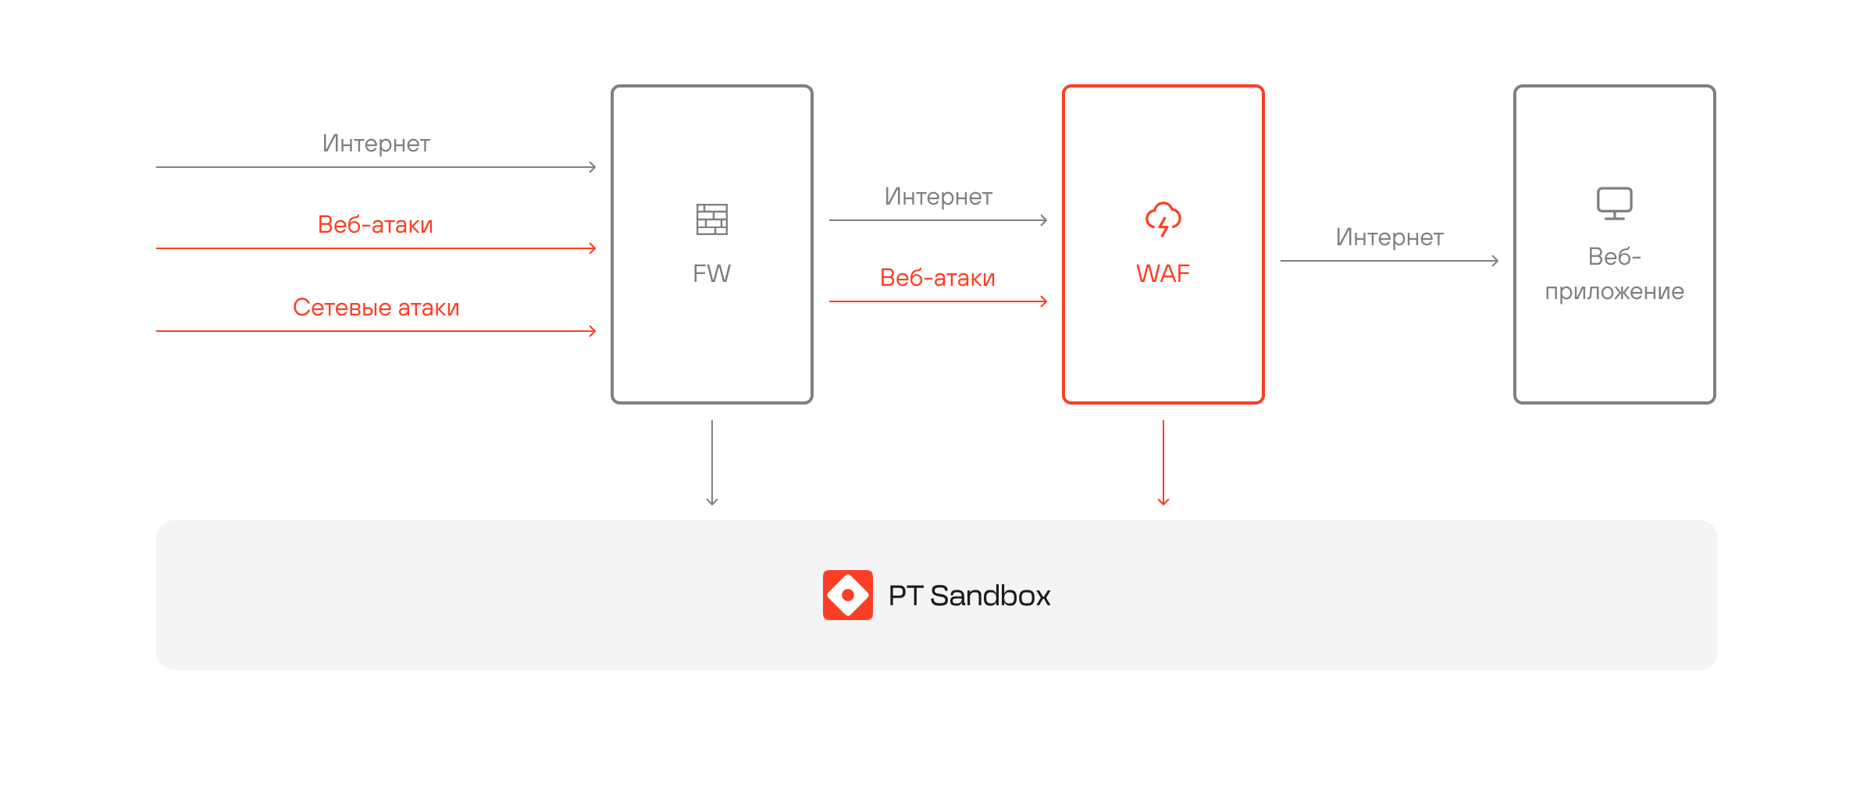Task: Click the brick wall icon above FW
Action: tap(712, 219)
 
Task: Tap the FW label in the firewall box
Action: tap(712, 273)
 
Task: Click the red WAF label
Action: tap(1163, 273)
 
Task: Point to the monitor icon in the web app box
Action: tap(1615, 204)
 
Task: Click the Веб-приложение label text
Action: tap(1615, 274)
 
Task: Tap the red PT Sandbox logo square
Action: tap(848, 595)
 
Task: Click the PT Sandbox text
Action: tap(970, 596)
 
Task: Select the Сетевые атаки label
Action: tap(376, 308)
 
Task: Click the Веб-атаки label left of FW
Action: tap(376, 225)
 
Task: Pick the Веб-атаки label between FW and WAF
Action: tap(938, 278)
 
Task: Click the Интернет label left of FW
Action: tap(376, 144)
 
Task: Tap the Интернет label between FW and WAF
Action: tap(939, 197)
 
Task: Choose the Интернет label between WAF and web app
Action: tap(1390, 237)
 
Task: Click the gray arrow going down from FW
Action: tap(712, 463)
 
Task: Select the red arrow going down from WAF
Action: tap(1163, 463)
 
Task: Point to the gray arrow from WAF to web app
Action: tap(1390, 261)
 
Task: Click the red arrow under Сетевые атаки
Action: tap(376, 331)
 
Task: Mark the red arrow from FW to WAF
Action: tap(939, 301)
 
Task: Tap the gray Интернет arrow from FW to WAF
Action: tap(939, 220)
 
